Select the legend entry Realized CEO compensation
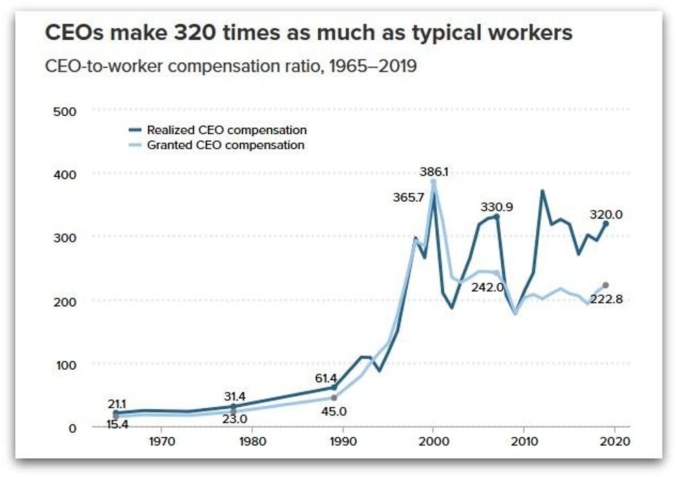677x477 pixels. tap(227, 130)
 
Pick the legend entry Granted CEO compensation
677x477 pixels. tap(225, 145)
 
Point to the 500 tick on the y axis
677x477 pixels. tap(64, 111)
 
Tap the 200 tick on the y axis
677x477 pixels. tap(64, 301)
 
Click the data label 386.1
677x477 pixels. tap(434, 171)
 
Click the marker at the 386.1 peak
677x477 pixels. tap(433, 183)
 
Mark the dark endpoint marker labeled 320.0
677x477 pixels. tap(606, 224)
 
